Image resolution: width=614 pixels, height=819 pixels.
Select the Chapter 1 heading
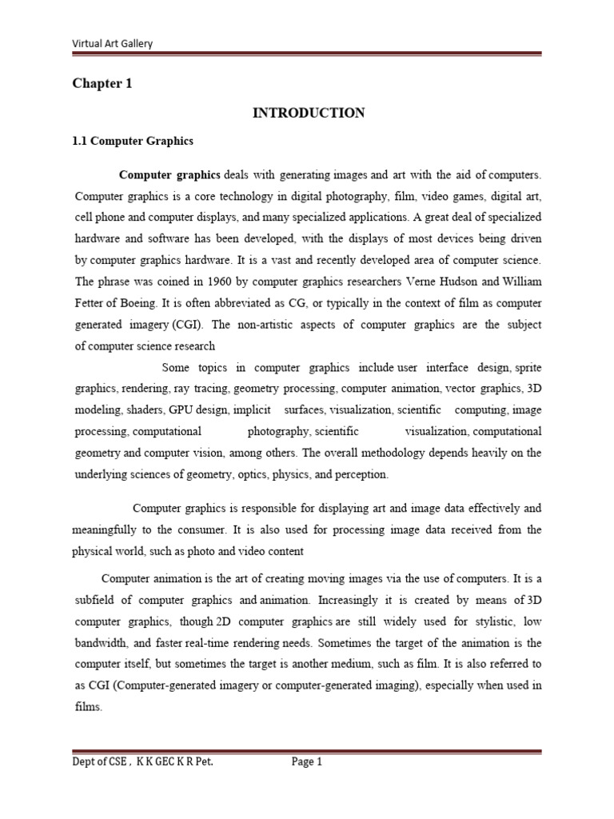103,83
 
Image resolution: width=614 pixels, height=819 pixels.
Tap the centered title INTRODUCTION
309,114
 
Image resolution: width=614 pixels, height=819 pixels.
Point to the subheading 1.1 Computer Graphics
134,141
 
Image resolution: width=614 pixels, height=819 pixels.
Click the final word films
88,706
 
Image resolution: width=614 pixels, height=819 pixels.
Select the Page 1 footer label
306,762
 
